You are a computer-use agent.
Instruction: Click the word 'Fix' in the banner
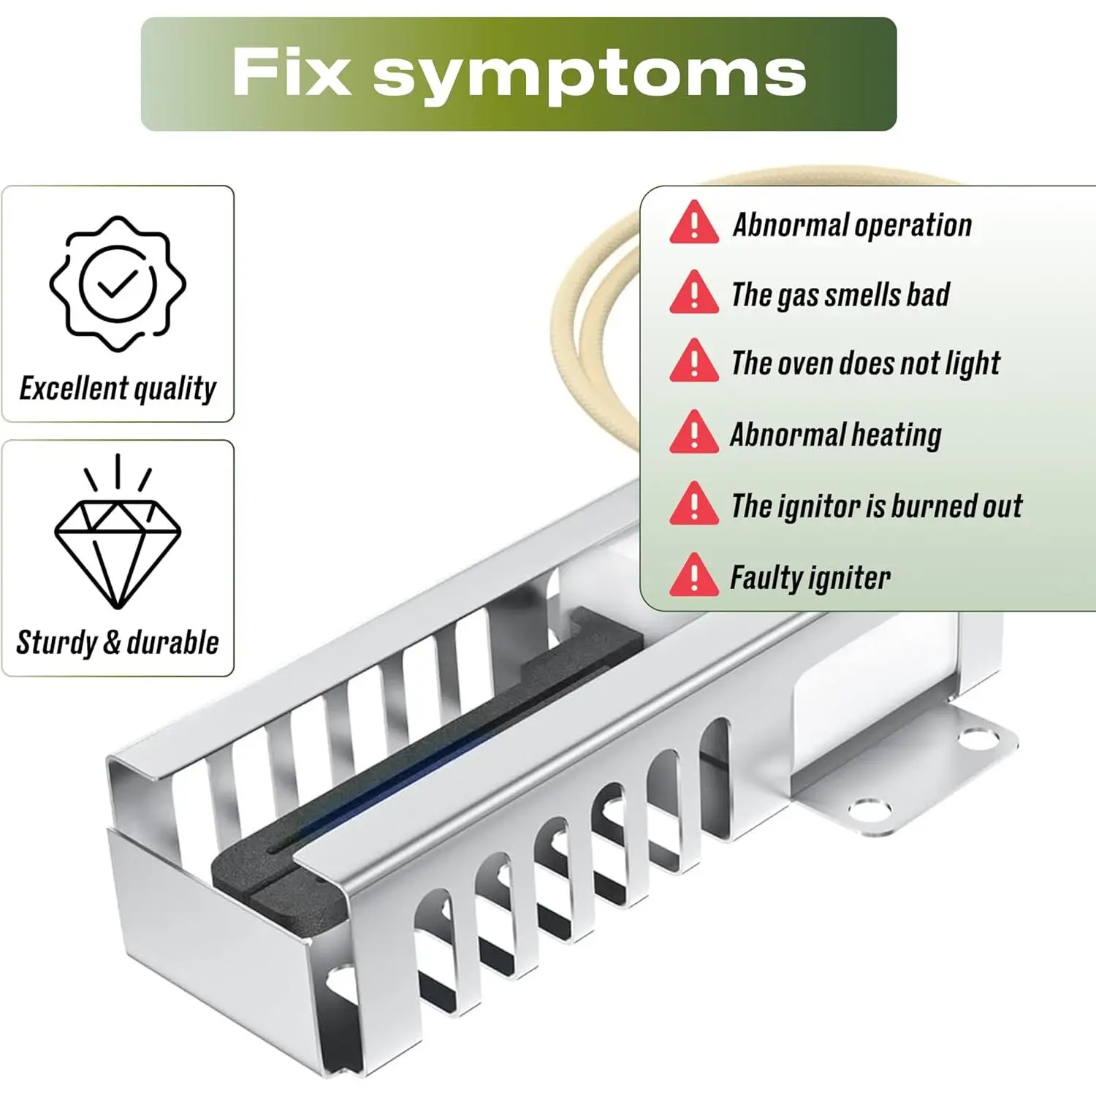click(x=291, y=72)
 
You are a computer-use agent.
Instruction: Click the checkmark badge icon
click(x=118, y=283)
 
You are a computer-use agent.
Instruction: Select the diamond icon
click(x=118, y=544)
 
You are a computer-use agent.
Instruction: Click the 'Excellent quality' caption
click(x=118, y=389)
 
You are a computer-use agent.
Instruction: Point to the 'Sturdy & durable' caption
click(x=118, y=643)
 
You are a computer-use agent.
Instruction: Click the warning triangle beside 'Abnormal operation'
click(x=694, y=224)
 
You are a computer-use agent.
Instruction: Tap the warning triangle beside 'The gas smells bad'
click(x=694, y=294)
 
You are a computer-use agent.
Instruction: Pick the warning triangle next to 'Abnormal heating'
click(x=694, y=433)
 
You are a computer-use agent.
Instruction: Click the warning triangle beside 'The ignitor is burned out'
click(x=694, y=505)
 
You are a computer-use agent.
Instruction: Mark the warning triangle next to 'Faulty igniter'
click(x=694, y=576)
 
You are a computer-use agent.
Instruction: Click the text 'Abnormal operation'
click(x=852, y=225)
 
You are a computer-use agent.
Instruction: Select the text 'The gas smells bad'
click(x=840, y=295)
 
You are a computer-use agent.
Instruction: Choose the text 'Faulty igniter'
click(x=810, y=578)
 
